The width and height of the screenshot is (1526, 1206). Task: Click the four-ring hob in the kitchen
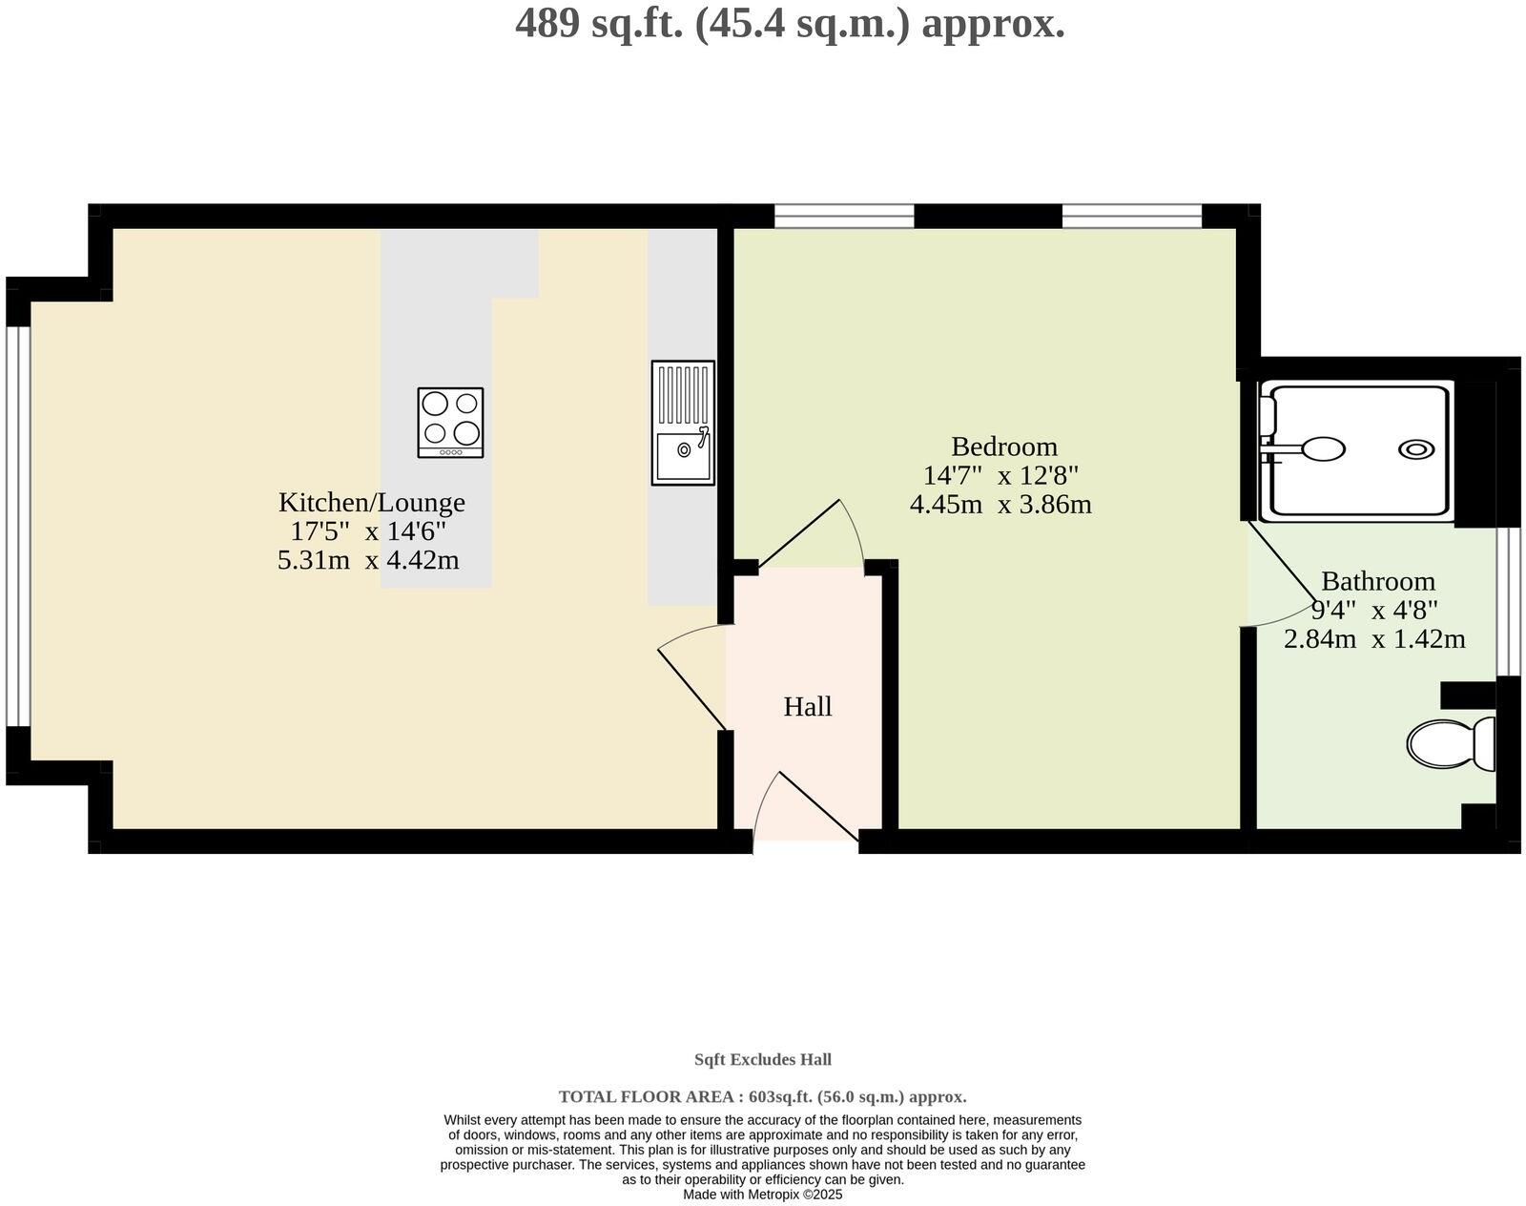(450, 423)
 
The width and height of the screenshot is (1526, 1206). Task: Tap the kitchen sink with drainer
(683, 423)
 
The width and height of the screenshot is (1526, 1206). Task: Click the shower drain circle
(1415, 449)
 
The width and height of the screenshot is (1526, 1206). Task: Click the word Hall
(807, 707)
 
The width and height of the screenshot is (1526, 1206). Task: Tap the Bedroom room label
(1003, 447)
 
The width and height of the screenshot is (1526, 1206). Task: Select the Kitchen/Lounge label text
(371, 502)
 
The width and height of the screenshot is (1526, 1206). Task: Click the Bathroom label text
(1377, 581)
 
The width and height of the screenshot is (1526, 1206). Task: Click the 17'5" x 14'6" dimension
(368, 530)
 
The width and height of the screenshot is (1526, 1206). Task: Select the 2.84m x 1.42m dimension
(1373, 638)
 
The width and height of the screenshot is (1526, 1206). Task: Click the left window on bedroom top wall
(843, 216)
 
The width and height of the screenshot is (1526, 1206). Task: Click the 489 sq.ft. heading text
(790, 23)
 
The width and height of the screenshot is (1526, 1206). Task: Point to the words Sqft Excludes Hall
(762, 1059)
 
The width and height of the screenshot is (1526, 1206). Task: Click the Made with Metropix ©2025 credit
(762, 1194)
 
